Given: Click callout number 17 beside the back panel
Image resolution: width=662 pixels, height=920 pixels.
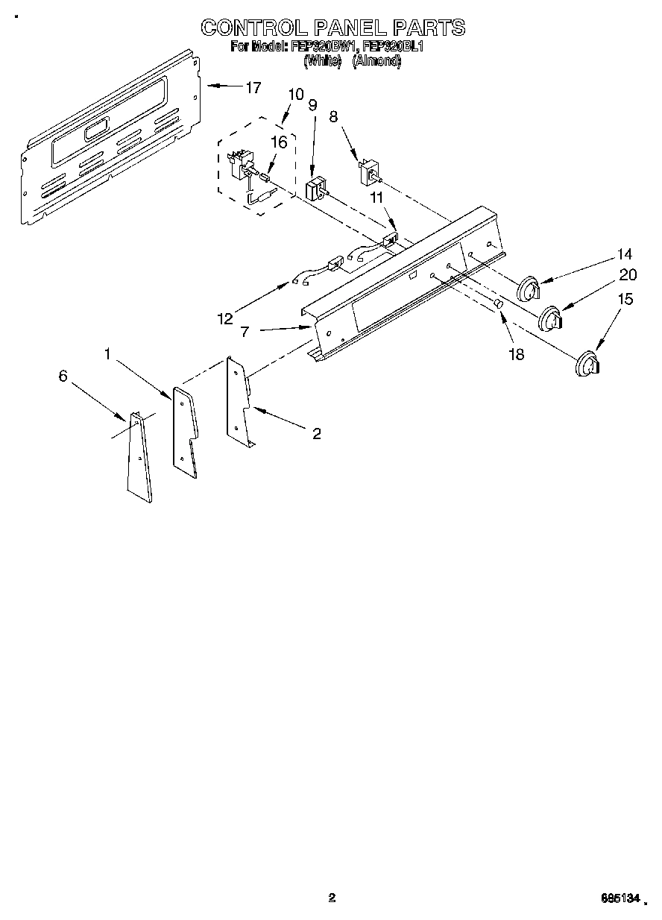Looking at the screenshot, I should [x=253, y=88].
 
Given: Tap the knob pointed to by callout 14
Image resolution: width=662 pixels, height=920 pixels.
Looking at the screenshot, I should [x=529, y=288].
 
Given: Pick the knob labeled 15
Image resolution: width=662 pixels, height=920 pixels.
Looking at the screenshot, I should [x=587, y=363].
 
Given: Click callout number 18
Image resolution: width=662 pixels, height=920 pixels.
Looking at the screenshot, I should [x=515, y=354].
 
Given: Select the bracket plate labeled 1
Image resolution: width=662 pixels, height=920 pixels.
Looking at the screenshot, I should [x=185, y=431].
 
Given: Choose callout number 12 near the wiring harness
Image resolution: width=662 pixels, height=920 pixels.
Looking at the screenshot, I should [x=224, y=319].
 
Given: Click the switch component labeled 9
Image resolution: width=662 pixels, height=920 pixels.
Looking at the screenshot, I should [x=318, y=187].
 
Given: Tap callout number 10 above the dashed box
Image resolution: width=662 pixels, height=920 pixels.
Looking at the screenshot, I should [x=295, y=95].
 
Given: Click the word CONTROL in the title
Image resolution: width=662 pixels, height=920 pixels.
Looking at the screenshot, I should [x=250, y=28].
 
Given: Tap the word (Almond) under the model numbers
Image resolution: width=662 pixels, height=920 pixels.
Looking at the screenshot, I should [x=376, y=62].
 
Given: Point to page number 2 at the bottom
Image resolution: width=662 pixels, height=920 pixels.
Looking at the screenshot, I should [x=332, y=898].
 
